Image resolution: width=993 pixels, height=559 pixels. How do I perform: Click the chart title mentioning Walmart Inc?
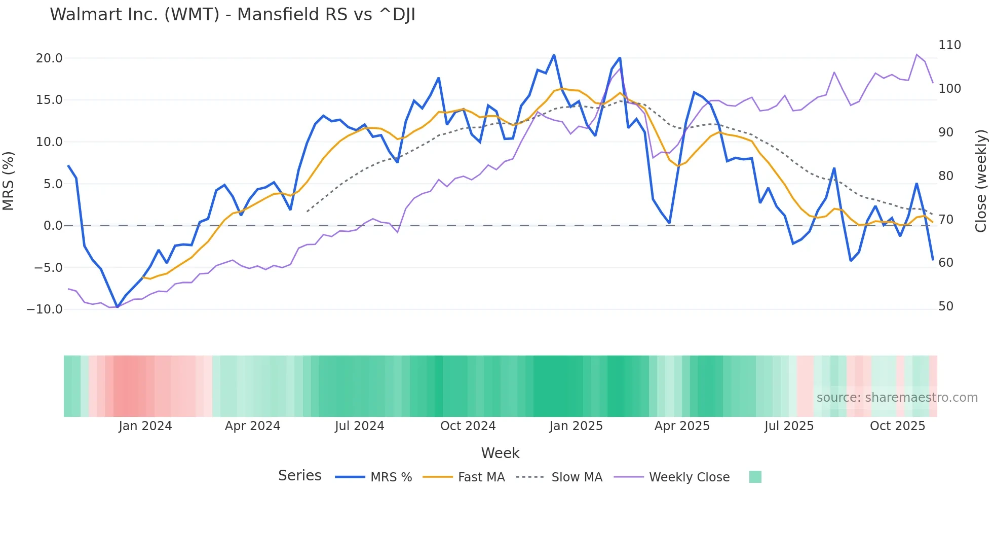click(233, 15)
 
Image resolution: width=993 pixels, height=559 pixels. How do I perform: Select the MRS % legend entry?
click(391, 477)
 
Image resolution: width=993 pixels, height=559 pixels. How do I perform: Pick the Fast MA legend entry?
click(481, 477)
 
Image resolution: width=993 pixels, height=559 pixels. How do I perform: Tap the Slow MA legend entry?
click(577, 477)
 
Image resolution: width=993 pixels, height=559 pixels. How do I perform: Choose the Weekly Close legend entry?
click(689, 477)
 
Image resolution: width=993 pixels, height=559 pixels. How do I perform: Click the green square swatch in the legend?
click(755, 477)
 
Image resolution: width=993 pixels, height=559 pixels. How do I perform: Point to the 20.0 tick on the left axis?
click(49, 58)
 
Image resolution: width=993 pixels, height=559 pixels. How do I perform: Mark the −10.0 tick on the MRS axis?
click(45, 309)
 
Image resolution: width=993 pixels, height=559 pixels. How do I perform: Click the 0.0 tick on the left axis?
click(53, 226)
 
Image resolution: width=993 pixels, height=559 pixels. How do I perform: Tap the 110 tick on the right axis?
click(949, 45)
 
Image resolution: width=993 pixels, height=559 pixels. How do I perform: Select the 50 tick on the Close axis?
click(946, 306)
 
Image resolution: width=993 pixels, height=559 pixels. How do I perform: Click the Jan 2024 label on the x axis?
click(145, 426)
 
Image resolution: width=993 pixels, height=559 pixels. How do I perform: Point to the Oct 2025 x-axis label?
click(897, 426)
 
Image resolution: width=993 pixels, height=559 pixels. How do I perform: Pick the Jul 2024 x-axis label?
click(360, 426)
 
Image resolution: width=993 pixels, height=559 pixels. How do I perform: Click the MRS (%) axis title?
click(9, 181)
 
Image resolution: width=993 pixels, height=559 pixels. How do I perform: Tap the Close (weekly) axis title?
click(981, 181)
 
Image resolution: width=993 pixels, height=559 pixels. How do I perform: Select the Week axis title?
click(500, 453)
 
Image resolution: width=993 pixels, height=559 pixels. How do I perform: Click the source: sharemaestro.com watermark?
click(897, 398)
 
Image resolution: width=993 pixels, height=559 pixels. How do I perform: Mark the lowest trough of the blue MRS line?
click(117, 307)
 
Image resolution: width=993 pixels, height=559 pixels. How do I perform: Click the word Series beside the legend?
click(299, 476)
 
